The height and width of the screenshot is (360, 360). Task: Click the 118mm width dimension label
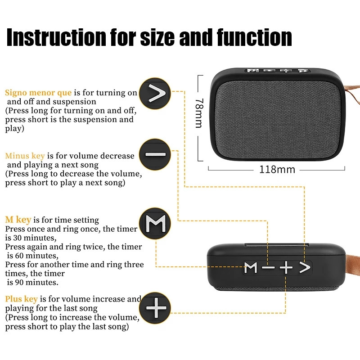coord(277,170)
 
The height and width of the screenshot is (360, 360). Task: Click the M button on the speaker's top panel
coord(251,268)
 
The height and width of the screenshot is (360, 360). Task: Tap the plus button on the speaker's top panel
coord(286,268)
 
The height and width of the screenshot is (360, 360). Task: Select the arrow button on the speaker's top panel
coord(305,268)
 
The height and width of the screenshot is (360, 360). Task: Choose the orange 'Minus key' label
coord(25,156)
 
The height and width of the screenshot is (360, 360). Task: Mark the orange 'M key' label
coord(18,220)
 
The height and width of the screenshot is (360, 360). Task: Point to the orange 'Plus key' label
coord(21,299)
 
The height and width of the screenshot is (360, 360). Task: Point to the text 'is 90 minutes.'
coord(32,283)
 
